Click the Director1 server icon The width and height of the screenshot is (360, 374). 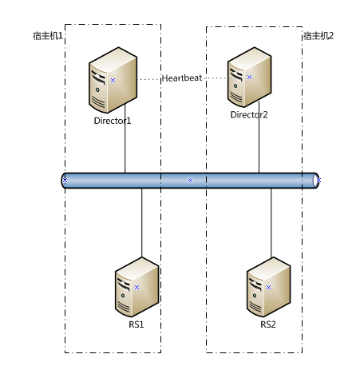point(113,80)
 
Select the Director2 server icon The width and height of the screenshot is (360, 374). point(249,78)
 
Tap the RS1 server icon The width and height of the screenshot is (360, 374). point(136,287)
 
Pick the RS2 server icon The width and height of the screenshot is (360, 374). point(268,287)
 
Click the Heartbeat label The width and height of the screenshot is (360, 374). point(182,78)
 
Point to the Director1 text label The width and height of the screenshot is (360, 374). point(113,121)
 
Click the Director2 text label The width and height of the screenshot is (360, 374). point(249,115)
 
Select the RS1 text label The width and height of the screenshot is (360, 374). point(136,324)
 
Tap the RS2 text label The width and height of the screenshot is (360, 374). point(268,324)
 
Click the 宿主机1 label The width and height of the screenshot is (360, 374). point(48,36)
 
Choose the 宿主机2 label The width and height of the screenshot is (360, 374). point(318,36)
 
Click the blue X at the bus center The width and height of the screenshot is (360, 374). point(190,181)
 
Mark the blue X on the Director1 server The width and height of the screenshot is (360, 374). point(113,80)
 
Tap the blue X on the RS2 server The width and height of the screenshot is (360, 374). point(269,288)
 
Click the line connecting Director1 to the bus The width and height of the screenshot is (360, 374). point(125,138)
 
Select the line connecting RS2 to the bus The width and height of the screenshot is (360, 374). point(271,223)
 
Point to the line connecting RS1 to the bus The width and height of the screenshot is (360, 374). point(142,223)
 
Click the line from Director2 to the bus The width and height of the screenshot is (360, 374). point(259,137)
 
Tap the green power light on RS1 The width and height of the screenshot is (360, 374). point(123,296)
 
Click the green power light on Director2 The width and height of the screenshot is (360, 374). point(235,86)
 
